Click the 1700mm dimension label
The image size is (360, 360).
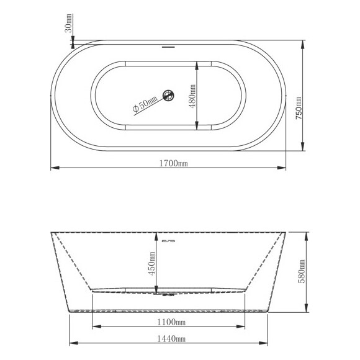click(x=174, y=163)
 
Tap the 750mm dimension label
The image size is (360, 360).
click(x=299, y=108)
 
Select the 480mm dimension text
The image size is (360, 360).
click(x=192, y=96)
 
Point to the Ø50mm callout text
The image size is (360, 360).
click(x=145, y=104)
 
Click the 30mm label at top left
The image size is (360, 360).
click(x=69, y=24)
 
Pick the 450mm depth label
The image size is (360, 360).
click(x=152, y=264)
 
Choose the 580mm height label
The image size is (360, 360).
click(x=302, y=271)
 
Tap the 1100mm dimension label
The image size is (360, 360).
click(x=171, y=322)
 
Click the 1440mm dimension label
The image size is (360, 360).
click(x=171, y=339)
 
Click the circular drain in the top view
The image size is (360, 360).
click(x=168, y=96)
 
